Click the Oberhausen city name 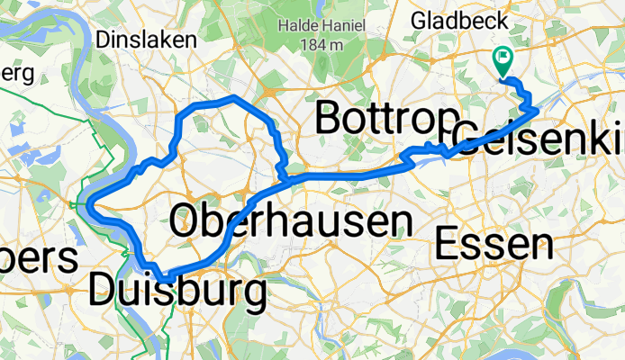[291, 221]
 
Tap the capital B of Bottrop [330, 120]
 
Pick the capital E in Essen [448, 244]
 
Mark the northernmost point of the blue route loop [233, 95]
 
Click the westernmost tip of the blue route [90, 204]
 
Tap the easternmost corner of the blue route [538, 111]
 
